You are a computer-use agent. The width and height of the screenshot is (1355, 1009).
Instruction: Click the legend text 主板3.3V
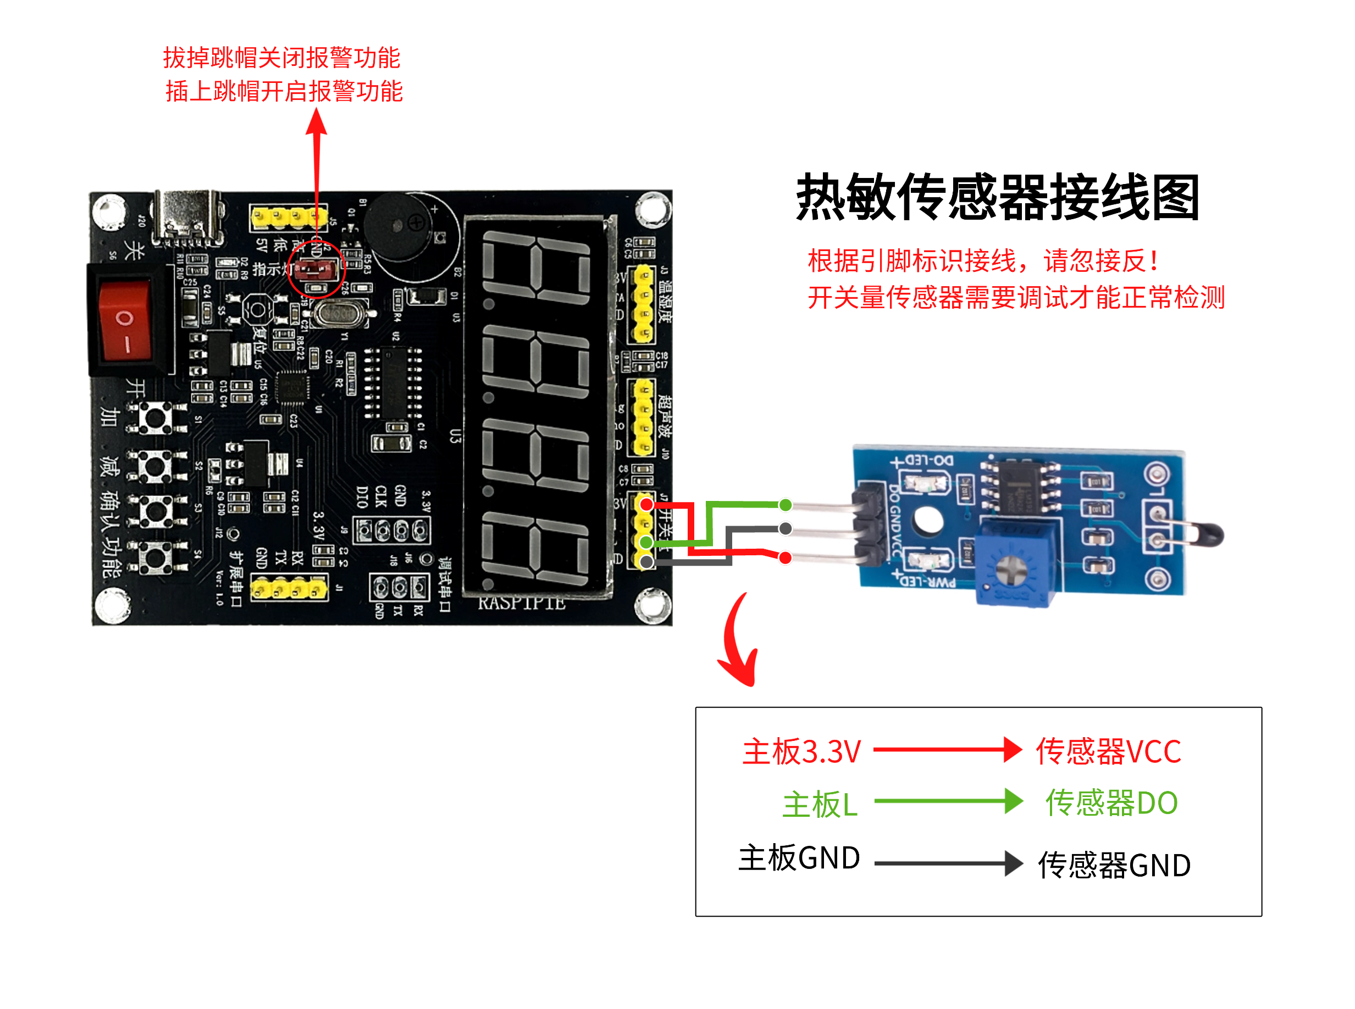pos(801,751)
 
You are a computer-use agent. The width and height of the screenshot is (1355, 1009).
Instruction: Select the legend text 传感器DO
pos(1111,802)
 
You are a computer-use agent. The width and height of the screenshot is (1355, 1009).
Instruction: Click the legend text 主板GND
pos(799,858)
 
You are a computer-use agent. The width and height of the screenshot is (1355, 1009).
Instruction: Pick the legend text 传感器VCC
pos(1108,751)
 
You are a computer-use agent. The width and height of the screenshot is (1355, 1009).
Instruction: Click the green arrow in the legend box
pos(948,801)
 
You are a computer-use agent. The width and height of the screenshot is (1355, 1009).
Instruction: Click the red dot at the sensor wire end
pos(786,558)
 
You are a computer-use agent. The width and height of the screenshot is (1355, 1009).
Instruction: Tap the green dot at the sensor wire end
pos(786,504)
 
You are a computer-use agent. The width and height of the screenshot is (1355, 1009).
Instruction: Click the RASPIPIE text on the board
pos(521,604)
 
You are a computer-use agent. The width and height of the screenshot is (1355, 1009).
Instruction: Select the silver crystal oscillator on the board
pos(339,313)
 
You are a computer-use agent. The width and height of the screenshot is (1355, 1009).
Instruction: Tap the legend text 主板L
pos(820,804)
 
